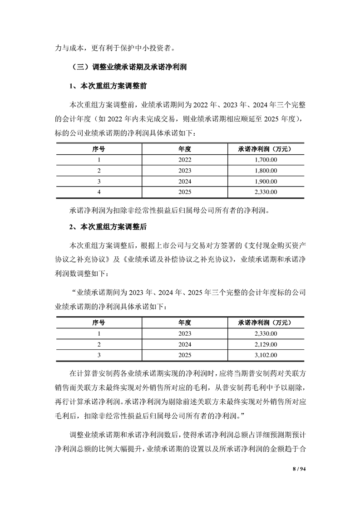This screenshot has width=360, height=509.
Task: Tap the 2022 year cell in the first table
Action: [x=185, y=160]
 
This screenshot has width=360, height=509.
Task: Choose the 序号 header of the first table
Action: [x=99, y=149]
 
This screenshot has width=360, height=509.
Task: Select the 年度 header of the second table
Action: [x=185, y=323]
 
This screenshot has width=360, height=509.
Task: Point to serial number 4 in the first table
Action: [x=99, y=192]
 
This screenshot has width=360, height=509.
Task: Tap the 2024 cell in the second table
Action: [x=185, y=345]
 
